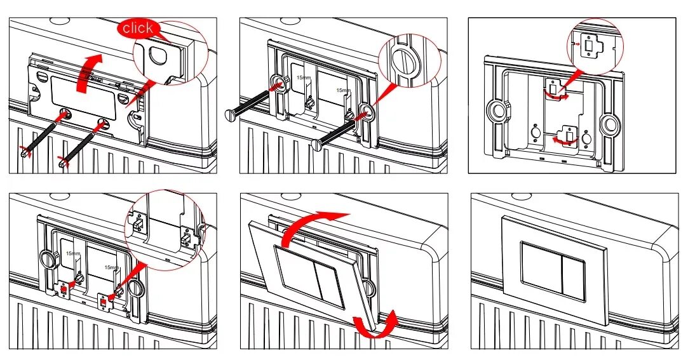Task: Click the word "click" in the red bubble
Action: [138, 28]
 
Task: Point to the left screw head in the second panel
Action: [229, 115]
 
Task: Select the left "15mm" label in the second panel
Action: [303, 77]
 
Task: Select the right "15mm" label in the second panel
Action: [344, 90]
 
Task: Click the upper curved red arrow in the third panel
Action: [556, 96]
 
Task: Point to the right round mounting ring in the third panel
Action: [610, 124]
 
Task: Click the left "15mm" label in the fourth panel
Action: [73, 253]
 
